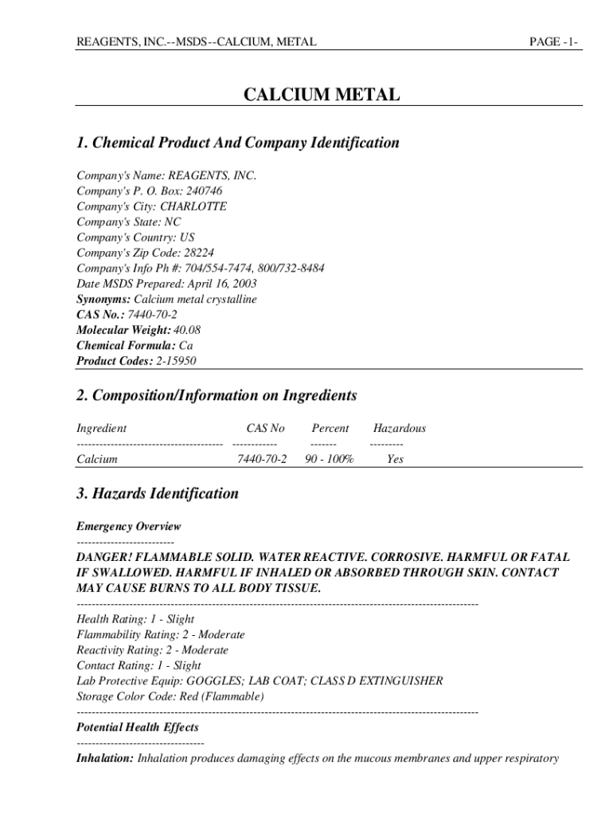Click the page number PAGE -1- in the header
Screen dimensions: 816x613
point(555,41)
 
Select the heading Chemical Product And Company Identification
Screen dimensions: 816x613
point(238,143)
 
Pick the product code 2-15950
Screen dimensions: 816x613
point(176,361)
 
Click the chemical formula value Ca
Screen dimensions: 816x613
point(186,346)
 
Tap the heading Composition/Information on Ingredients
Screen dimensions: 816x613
point(217,396)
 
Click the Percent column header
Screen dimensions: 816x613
point(330,429)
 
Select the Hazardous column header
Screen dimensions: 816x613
point(400,429)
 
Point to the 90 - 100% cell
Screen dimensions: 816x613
point(330,460)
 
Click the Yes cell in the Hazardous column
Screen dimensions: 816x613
point(395,460)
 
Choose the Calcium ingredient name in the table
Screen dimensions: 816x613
point(97,460)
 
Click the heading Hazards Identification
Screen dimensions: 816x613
point(158,494)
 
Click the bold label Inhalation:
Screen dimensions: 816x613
point(105,759)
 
